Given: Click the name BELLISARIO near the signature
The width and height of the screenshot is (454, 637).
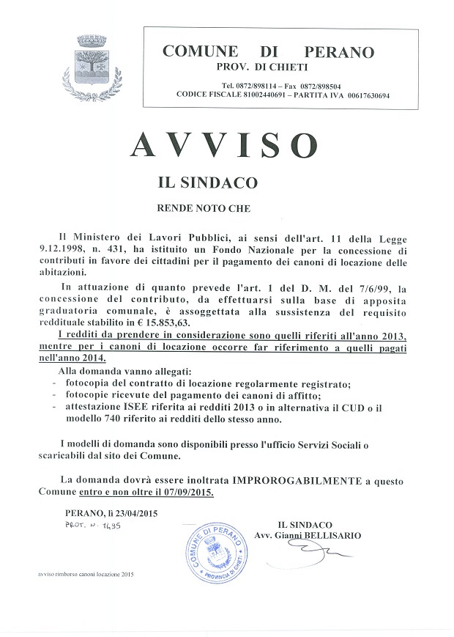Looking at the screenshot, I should pyautogui.click(x=332, y=536).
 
